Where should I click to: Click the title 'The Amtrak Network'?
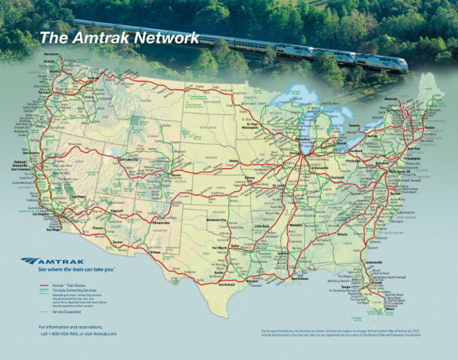click(x=119, y=38)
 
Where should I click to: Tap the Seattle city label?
click(x=54, y=72)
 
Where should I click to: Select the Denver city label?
click(x=177, y=176)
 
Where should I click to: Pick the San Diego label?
click(x=53, y=229)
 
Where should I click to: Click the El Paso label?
click(x=156, y=252)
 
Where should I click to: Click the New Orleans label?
click(x=303, y=278)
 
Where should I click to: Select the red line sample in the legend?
click(x=44, y=285)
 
